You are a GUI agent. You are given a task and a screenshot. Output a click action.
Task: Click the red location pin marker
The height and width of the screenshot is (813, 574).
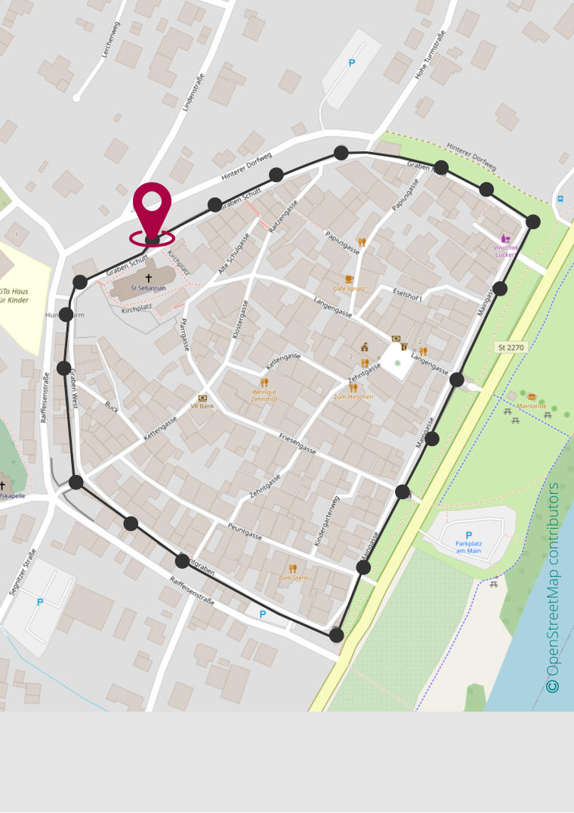[152, 206]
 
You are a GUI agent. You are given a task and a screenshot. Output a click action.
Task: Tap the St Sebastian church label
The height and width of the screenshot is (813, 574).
[148, 288]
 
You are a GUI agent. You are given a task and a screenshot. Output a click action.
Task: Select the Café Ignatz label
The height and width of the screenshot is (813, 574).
[349, 288]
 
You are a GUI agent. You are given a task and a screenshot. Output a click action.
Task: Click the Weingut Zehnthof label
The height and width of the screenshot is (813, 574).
[264, 396]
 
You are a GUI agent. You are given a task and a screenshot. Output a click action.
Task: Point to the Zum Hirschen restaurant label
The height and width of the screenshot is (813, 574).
[353, 396]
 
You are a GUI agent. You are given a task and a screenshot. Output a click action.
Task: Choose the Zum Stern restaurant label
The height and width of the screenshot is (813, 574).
[293, 578]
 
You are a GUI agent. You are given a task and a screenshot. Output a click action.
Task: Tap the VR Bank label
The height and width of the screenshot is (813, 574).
[202, 406]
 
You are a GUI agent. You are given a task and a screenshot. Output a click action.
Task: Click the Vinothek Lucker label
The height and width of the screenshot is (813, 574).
[505, 250]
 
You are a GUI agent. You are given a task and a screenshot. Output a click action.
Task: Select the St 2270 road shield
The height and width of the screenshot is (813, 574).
[511, 347]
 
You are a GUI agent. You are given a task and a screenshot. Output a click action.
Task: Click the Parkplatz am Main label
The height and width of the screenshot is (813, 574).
[468, 546]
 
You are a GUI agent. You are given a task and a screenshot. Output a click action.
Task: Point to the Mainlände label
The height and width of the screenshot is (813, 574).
[532, 406]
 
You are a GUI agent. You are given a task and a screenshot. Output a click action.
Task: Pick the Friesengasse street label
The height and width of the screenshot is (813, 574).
[298, 444]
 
